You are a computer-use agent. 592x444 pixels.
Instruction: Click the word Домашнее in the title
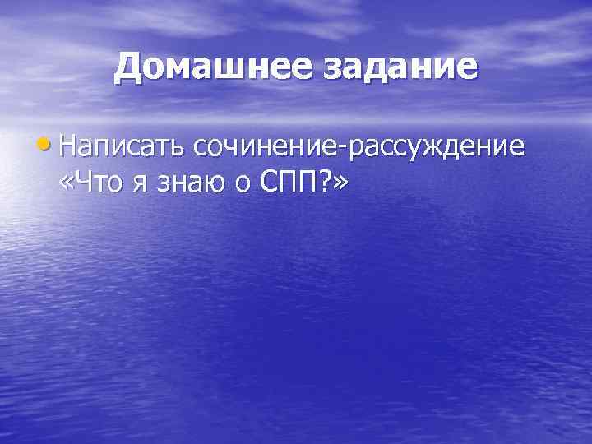(210, 67)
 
